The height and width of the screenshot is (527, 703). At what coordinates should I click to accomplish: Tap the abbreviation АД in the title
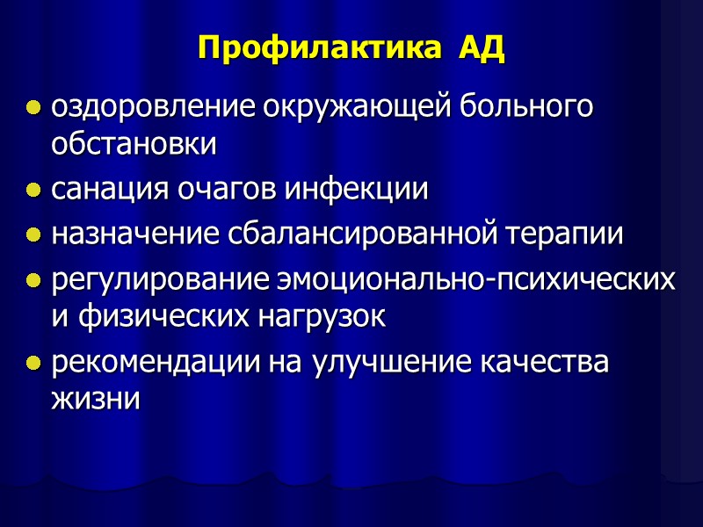click(481, 47)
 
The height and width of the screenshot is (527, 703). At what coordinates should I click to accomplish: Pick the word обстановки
click(134, 145)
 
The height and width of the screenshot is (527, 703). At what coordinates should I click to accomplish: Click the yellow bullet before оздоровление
click(33, 110)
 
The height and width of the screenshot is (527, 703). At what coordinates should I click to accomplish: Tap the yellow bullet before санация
click(33, 191)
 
